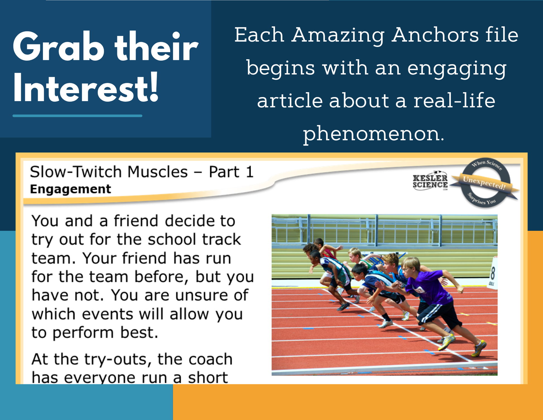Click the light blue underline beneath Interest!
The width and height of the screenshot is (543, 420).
click(77, 115)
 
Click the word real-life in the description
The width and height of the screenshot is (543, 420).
click(454, 101)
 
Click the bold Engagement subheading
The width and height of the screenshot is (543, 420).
click(70, 189)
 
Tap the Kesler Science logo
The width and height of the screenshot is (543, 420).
click(430, 181)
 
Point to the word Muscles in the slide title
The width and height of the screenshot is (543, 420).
click(157, 172)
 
